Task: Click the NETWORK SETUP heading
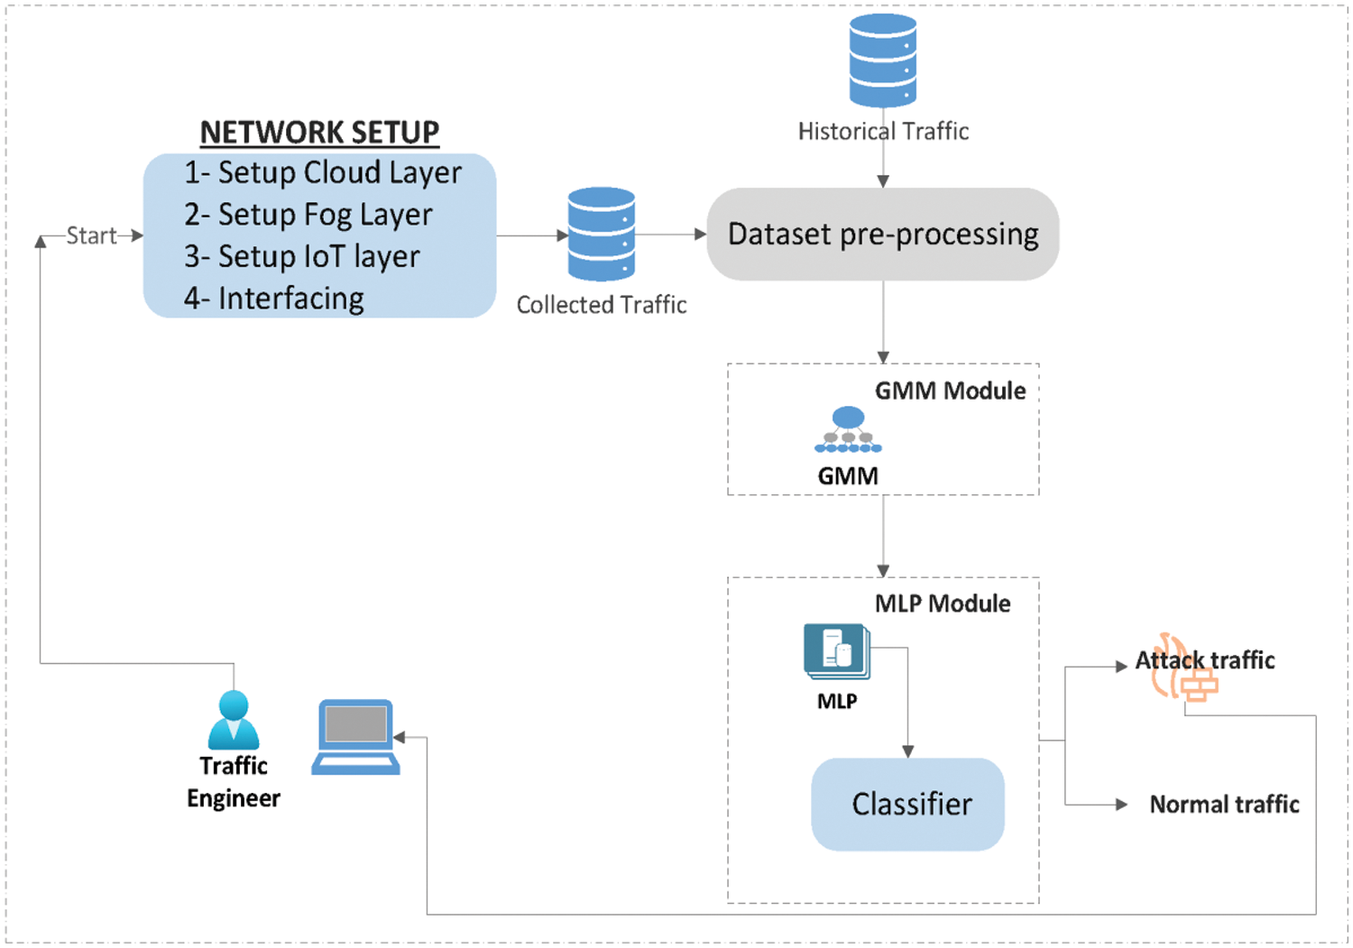[x=319, y=133]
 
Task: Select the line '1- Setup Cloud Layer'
[x=322, y=172]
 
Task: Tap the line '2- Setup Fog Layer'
[x=308, y=215]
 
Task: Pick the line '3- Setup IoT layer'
[x=301, y=256]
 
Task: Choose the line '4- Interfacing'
[x=273, y=299]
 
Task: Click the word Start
[x=91, y=235]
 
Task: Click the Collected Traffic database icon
[x=602, y=234]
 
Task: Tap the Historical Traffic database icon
[x=883, y=60]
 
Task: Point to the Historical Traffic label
[x=883, y=132]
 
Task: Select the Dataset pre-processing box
[x=882, y=235]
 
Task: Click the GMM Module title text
[x=950, y=391]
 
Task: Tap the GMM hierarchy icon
[x=848, y=430]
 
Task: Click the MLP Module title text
[x=943, y=603]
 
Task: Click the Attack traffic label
[x=1204, y=661]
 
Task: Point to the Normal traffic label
[x=1224, y=805]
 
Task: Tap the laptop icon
[x=356, y=737]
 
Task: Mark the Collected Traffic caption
[x=602, y=305]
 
